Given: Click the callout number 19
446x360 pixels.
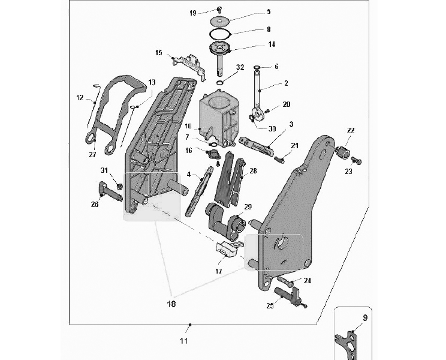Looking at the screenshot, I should [192, 13].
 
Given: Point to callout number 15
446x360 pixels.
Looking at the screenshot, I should [159, 53].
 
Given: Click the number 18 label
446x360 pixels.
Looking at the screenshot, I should [171, 304].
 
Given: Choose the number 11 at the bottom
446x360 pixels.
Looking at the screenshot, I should [184, 341].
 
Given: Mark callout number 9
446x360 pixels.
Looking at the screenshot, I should [365, 318].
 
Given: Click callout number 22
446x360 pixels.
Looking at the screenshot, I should [351, 130].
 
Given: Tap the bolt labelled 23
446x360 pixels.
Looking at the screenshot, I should [357, 161].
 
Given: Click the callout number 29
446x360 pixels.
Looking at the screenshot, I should [248, 206].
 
